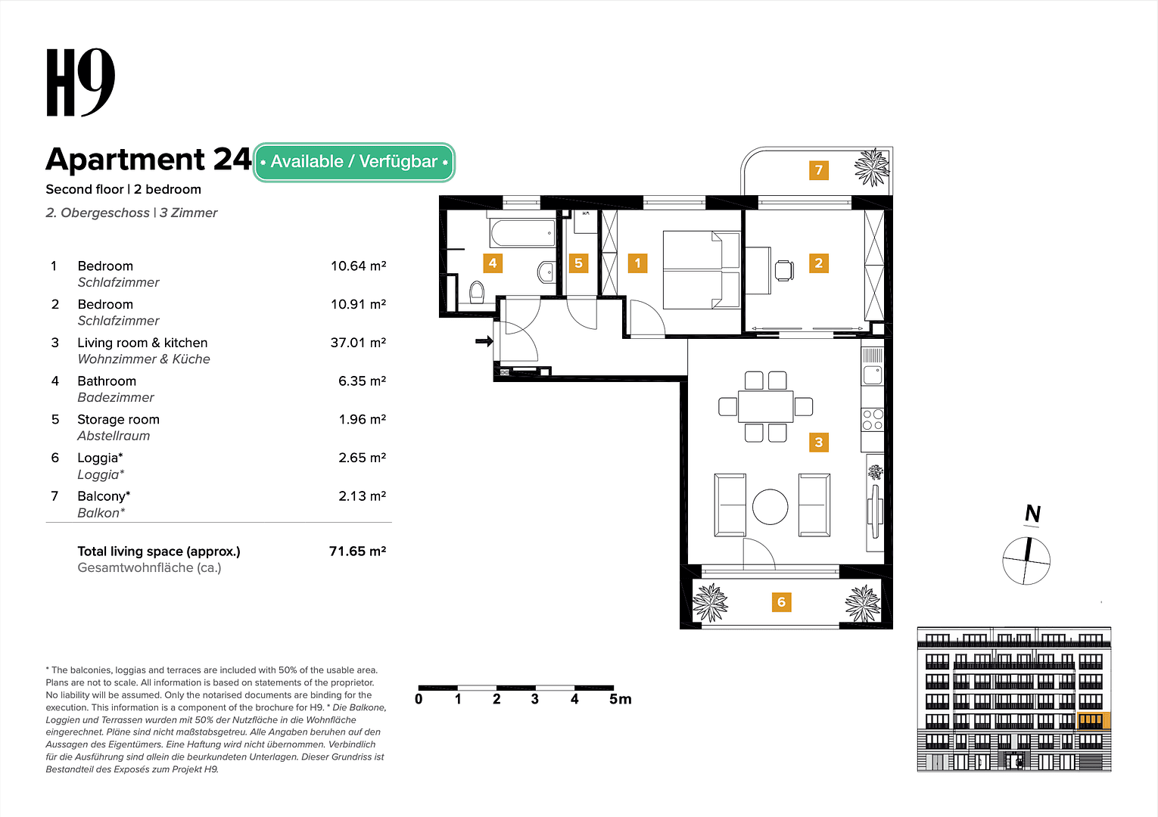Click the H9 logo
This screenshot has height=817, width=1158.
point(80,83)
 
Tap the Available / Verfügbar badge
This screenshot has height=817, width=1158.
point(353,162)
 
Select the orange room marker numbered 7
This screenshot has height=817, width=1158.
point(818,170)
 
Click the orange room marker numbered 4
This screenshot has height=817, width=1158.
point(493,263)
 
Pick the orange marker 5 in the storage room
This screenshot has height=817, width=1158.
point(578,263)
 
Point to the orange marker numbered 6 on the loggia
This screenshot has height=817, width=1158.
point(781,602)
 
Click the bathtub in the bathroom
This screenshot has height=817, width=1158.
point(523,233)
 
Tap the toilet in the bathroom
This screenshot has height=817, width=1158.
point(477,291)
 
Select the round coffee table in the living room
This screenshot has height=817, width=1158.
point(770,507)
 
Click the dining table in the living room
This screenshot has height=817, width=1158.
point(765,406)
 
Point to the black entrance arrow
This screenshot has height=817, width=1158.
point(484,342)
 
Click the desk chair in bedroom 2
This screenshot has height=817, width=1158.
point(784,270)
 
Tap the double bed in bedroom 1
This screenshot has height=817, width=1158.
point(701,270)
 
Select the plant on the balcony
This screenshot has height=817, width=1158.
point(872,167)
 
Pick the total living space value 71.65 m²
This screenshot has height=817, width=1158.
point(357,551)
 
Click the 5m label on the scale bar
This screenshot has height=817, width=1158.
point(620,700)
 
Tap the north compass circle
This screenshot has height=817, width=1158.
point(1026,561)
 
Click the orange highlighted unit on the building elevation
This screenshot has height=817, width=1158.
point(1091,720)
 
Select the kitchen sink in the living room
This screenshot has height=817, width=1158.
point(872,374)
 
